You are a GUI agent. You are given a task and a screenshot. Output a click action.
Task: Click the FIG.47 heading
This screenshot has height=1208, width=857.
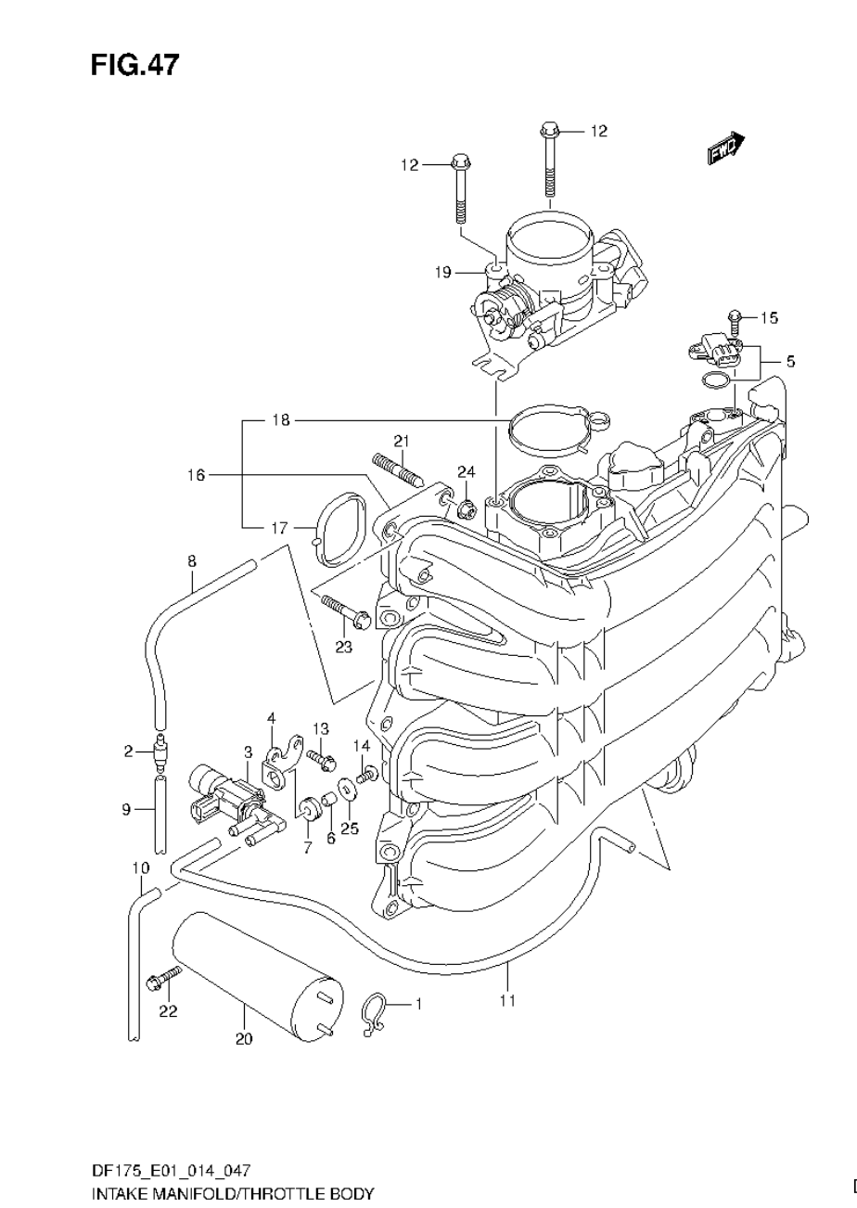[134, 65]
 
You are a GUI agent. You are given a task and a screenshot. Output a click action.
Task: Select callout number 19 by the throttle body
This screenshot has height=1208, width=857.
[441, 272]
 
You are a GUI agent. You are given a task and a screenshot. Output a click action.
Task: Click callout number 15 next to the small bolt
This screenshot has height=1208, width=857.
[769, 318]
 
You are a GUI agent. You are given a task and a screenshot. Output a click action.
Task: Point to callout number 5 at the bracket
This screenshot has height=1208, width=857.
[789, 361]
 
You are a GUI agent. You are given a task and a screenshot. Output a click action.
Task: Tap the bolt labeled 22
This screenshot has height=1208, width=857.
[164, 976]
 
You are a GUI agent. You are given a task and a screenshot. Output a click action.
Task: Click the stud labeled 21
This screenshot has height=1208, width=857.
[398, 469]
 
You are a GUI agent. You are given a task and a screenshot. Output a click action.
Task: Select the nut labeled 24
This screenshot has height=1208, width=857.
[467, 507]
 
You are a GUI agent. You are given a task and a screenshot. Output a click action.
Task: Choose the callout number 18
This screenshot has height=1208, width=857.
[281, 420]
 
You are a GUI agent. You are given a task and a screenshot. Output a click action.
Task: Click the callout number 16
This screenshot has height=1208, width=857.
[195, 475]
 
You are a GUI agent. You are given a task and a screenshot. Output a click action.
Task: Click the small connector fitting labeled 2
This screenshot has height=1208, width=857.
[161, 752]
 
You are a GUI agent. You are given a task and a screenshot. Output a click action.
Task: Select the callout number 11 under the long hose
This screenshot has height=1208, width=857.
[507, 1000]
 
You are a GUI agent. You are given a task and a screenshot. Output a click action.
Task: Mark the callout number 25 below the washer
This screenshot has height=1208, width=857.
[349, 829]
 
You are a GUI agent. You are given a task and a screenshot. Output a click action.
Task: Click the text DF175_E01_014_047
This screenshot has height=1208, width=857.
[170, 1171]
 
